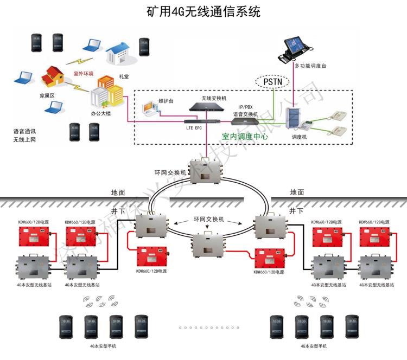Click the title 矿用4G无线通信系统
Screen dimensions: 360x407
[x=203, y=11]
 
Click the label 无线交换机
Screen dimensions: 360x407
[x=214, y=98]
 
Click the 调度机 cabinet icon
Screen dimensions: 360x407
[x=296, y=120]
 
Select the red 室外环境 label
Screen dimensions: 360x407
[x=83, y=73]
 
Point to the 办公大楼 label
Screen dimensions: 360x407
[x=102, y=115]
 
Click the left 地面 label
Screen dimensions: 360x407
[x=118, y=192]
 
